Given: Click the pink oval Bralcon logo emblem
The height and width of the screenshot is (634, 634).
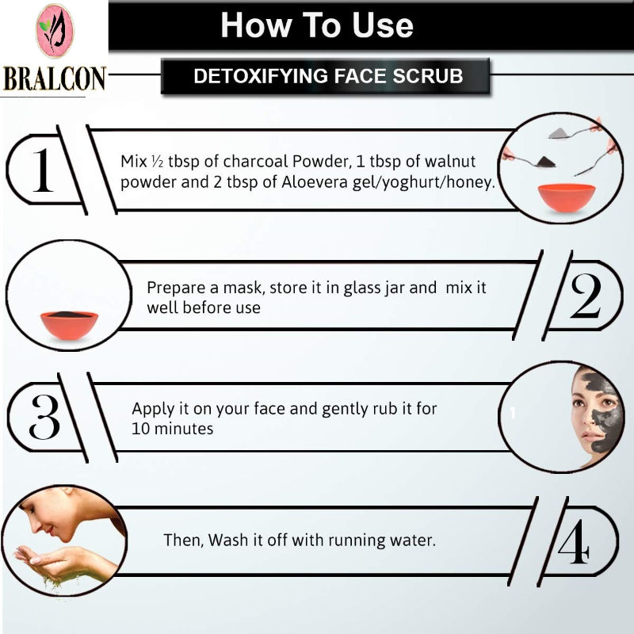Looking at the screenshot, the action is (x=55, y=31).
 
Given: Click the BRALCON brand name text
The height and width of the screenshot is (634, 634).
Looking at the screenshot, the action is (x=55, y=78).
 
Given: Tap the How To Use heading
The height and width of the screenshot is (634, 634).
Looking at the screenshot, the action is (x=316, y=25).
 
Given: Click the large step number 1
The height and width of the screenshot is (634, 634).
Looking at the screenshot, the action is (x=43, y=170).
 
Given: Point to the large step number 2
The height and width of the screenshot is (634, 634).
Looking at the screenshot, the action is (x=585, y=296).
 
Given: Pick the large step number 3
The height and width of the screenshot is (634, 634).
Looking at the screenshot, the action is (x=44, y=417).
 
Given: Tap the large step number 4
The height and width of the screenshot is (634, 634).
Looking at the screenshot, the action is (x=573, y=541).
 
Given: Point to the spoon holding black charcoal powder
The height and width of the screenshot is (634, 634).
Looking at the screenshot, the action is (x=529, y=161).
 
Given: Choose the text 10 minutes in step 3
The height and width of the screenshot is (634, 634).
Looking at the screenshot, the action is (x=172, y=429).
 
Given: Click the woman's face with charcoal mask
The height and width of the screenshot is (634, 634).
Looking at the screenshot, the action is (x=597, y=417).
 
